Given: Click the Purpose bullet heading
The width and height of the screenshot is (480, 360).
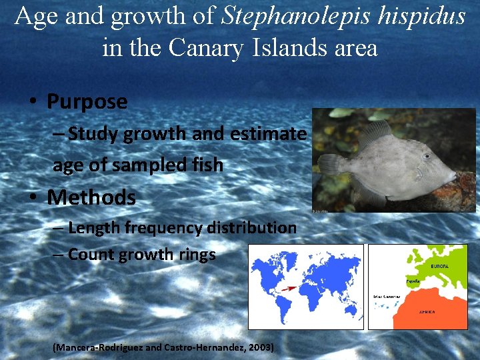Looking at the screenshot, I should [x=87, y=102].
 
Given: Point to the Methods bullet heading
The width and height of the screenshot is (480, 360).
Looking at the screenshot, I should [x=91, y=198].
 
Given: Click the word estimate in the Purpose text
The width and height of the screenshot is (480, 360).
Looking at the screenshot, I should [x=268, y=134].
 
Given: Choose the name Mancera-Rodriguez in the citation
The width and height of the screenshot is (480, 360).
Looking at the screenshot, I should [x=99, y=348].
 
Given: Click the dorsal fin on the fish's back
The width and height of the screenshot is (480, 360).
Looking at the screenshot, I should [x=377, y=133].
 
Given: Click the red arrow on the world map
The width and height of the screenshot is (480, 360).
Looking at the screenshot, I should [x=288, y=289].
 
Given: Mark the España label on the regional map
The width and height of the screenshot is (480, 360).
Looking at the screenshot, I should [x=413, y=282].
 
